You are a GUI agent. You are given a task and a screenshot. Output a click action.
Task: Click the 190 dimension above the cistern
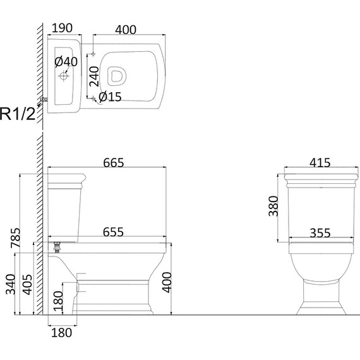point(62,28)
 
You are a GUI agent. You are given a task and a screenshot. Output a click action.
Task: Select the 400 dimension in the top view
point(126,30)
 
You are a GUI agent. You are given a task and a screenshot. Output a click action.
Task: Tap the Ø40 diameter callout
point(66,62)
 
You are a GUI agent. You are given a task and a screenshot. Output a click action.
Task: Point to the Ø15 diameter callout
point(110,97)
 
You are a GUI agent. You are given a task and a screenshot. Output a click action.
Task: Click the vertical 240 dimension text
point(94,76)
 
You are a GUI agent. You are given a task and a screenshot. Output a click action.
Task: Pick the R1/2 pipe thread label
point(18,114)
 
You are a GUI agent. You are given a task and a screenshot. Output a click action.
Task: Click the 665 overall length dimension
point(114,163)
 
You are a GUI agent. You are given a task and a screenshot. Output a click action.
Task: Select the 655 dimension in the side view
point(113,232)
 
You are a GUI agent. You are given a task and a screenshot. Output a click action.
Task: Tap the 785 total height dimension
point(16,237)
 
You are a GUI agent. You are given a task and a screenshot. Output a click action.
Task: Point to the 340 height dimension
point(11,284)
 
